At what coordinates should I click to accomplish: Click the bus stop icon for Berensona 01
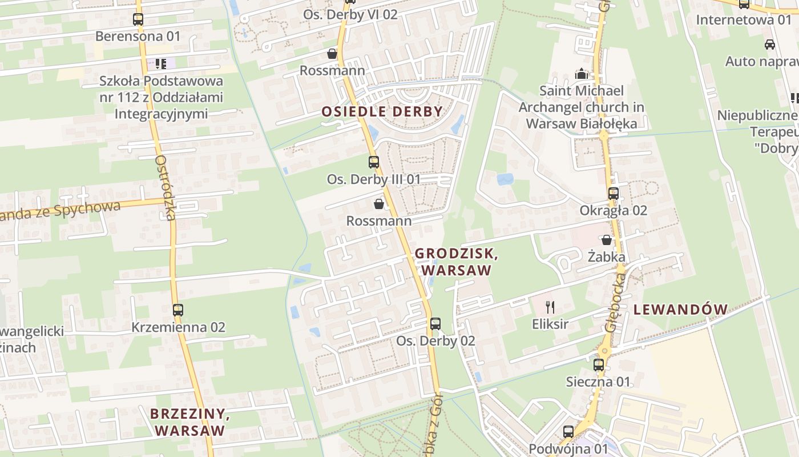tap(138, 19)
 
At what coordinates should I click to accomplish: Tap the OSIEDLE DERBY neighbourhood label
tap(382, 111)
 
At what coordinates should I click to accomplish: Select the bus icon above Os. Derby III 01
tap(374, 162)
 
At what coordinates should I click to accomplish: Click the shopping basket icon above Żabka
tap(607, 240)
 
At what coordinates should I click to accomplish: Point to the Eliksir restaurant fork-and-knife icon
tap(550, 307)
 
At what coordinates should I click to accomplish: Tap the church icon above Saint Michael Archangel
tap(581, 74)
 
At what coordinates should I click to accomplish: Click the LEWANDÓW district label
tap(680, 310)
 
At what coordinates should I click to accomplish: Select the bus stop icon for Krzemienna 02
tap(178, 310)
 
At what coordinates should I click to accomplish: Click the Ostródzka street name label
tap(166, 188)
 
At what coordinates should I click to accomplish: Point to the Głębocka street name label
tap(615, 300)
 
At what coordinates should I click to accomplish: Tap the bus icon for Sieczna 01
tap(598, 364)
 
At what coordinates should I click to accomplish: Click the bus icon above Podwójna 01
tap(568, 432)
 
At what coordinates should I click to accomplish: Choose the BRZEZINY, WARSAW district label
tap(190, 422)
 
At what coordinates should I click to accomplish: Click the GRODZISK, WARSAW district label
tap(456, 261)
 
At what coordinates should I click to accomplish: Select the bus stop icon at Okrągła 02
tap(614, 194)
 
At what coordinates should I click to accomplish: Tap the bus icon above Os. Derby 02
tap(435, 324)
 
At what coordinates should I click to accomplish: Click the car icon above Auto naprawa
tap(769, 45)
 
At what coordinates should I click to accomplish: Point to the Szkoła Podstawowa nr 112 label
tap(161, 97)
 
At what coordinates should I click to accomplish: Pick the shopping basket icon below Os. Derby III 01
tap(378, 204)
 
